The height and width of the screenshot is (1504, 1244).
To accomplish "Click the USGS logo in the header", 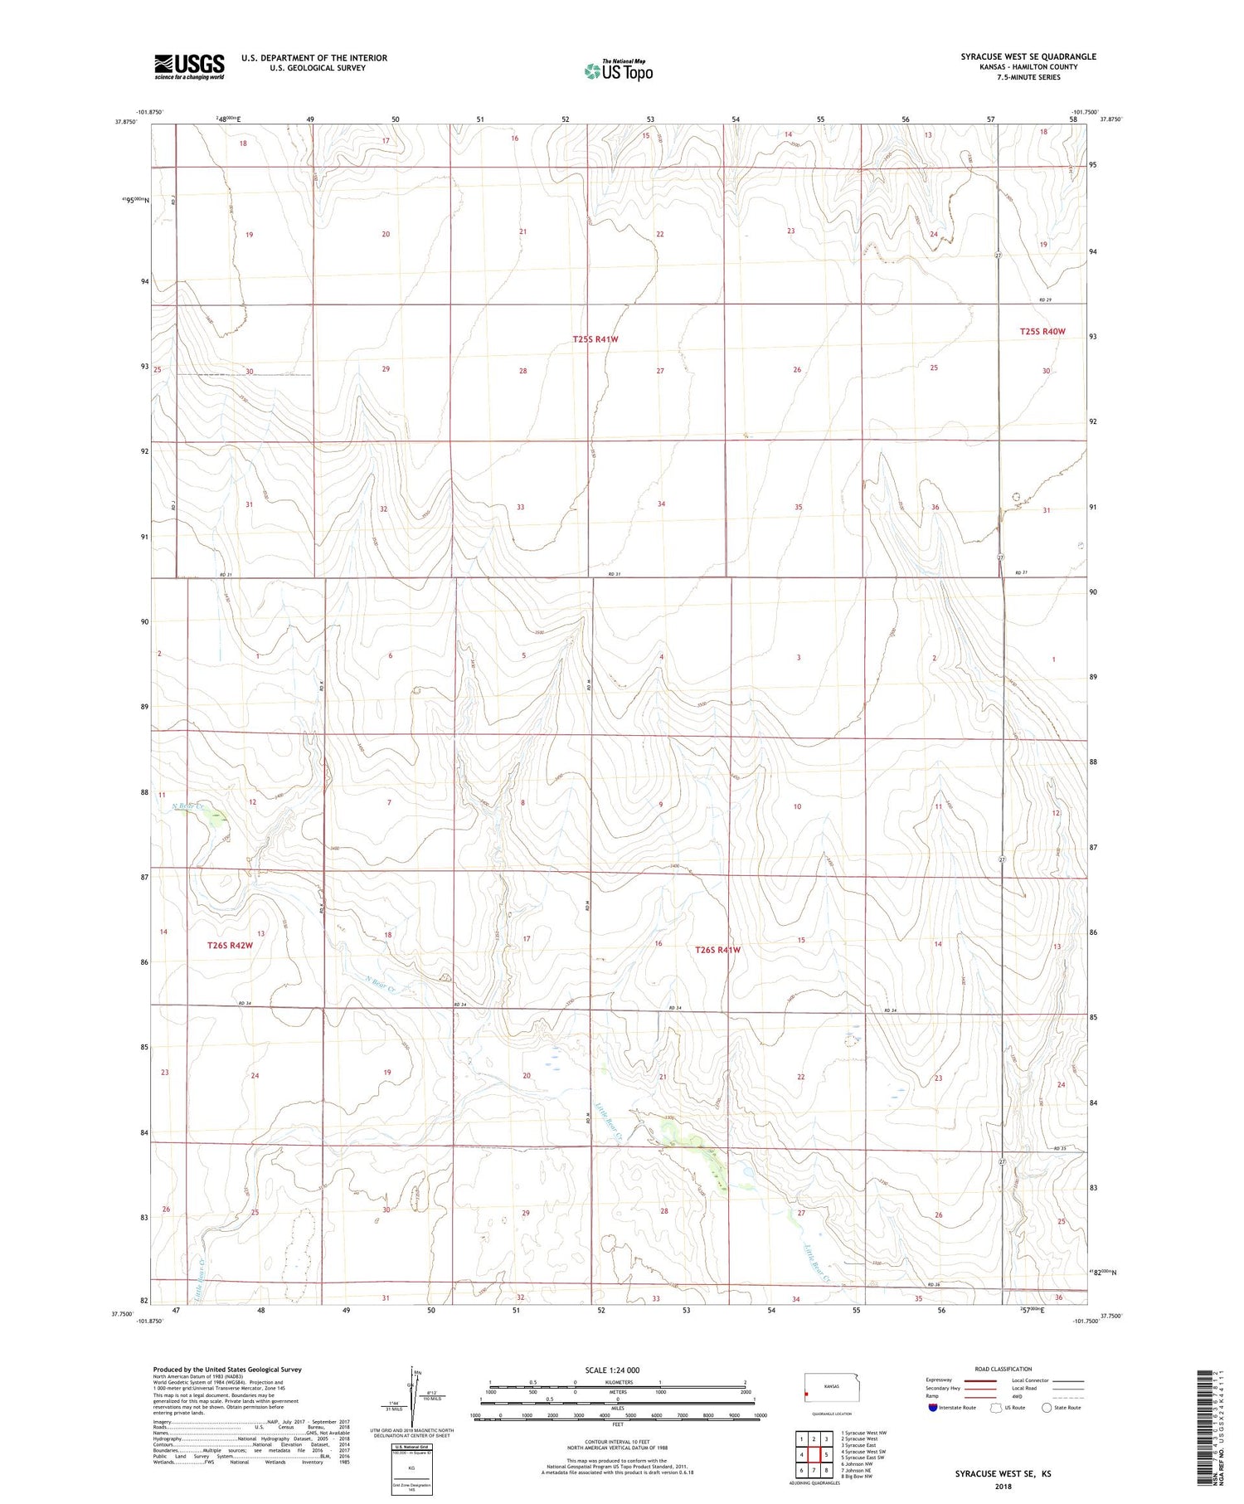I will tap(189, 66).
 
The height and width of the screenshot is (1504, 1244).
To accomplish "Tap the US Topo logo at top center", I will tap(618, 71).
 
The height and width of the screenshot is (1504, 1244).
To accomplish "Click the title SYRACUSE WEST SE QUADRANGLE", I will tap(1028, 56).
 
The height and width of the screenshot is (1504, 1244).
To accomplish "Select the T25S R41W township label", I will tap(595, 339).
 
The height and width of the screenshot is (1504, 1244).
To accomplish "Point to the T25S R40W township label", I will tap(1042, 331).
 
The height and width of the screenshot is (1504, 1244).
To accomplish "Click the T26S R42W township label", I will tap(230, 945).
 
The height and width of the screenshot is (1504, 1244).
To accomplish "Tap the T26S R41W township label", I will tap(717, 950).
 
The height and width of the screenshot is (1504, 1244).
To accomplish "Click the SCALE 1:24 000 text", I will tap(612, 1370).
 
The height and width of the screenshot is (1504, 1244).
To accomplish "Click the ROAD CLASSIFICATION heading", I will tap(1003, 1369).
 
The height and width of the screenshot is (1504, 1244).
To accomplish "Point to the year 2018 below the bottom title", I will tap(1002, 1484).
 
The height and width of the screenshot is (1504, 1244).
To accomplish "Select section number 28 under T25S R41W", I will tap(522, 371).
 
